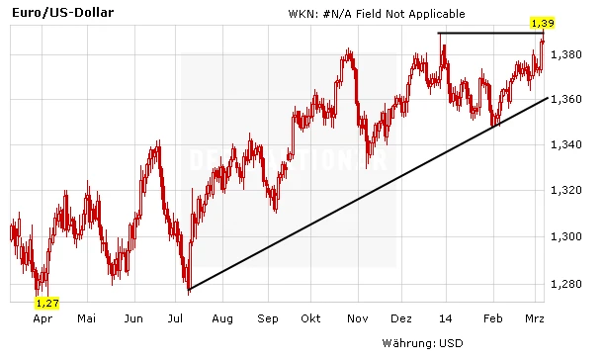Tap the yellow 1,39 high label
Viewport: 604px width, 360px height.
tap(542, 22)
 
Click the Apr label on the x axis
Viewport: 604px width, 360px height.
tap(42, 318)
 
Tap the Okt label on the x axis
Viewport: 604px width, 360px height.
tap(311, 318)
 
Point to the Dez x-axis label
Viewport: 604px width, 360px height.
tap(401, 318)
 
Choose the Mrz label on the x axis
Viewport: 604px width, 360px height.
tap(533, 318)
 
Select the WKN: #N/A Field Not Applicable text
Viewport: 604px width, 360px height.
tap(377, 15)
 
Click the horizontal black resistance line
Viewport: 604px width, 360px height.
tap(489, 34)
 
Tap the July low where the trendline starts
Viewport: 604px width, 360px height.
tap(188, 289)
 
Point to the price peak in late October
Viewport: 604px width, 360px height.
tap(350, 50)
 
